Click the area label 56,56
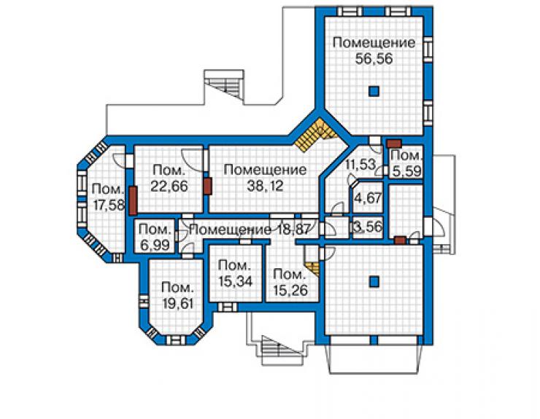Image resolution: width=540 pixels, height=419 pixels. (x=374, y=59)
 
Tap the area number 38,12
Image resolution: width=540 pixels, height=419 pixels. (x=265, y=186)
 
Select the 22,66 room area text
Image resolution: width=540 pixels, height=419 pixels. (x=169, y=186)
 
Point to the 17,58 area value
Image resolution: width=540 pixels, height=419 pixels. (x=108, y=205)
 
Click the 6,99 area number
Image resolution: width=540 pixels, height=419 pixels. (x=155, y=245)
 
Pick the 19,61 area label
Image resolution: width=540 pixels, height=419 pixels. (x=177, y=304)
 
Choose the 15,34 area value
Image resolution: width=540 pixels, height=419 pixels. (x=236, y=281)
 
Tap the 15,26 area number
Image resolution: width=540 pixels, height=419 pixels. (x=290, y=290)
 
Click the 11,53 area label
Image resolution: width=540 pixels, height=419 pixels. (x=360, y=164)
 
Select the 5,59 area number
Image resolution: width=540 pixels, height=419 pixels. (x=406, y=171)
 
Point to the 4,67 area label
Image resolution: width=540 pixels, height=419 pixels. (x=369, y=198)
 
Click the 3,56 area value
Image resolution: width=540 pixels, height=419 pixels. (x=369, y=227)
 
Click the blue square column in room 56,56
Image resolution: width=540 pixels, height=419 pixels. (x=374, y=91)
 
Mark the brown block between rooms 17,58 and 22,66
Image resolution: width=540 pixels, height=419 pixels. (x=133, y=200)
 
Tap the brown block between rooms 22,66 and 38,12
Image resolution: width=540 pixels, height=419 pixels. (x=207, y=187)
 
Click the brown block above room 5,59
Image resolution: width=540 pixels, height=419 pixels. (x=394, y=143)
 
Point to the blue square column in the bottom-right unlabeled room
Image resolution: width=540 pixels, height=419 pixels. (x=374, y=282)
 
